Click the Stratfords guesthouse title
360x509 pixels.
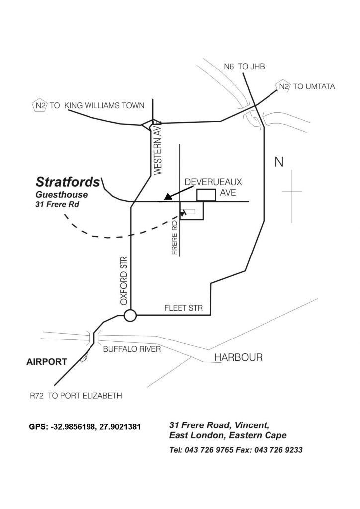(x=68, y=182)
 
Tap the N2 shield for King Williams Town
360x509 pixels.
(x=39, y=105)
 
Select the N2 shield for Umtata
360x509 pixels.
(x=283, y=86)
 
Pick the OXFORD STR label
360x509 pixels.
(x=124, y=280)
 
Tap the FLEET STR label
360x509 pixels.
(x=183, y=308)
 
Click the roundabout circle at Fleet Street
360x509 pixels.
(x=130, y=315)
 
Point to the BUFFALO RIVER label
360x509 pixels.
(x=132, y=349)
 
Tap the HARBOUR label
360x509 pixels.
(x=238, y=358)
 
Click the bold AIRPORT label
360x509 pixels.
(x=46, y=362)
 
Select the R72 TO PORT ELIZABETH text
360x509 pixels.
(x=76, y=396)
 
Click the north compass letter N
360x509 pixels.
(x=279, y=162)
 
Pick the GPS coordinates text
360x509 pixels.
(x=86, y=427)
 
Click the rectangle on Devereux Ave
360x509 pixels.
(x=206, y=195)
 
